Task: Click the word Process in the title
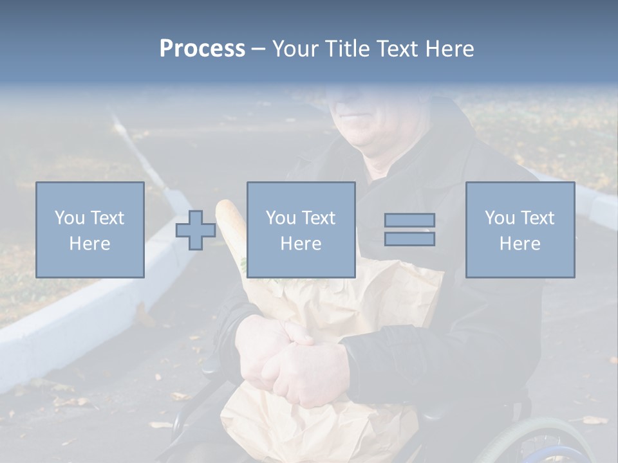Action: (x=202, y=49)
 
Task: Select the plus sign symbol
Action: (x=196, y=230)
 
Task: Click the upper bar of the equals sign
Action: (x=409, y=220)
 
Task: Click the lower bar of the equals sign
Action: (x=409, y=239)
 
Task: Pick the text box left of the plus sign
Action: (x=90, y=230)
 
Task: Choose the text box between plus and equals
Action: (x=301, y=230)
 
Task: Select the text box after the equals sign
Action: (x=520, y=230)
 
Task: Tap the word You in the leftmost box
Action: (x=69, y=217)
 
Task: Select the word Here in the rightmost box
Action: (x=520, y=244)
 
